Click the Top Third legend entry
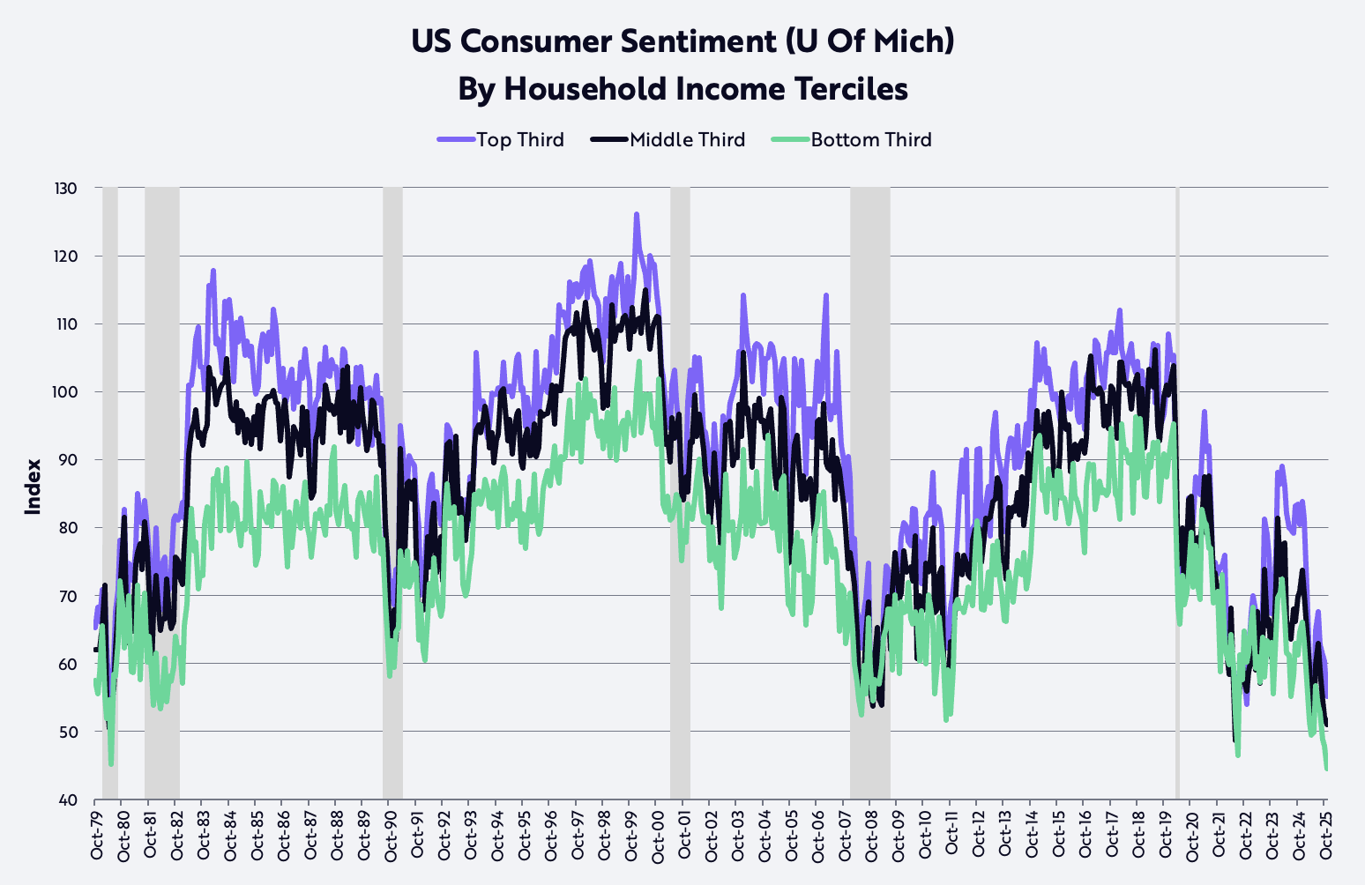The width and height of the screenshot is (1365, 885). [501, 139]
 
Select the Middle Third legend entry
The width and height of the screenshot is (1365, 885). [669, 139]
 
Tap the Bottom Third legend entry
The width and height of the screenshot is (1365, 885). [851, 139]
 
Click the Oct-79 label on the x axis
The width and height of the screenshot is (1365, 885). [96, 838]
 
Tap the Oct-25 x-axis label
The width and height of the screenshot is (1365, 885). [1325, 838]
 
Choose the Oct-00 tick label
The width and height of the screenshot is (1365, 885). [657, 838]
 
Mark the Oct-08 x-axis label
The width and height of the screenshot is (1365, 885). [870, 838]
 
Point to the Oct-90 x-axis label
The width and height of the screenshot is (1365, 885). [390, 838]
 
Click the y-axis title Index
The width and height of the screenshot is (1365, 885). [34, 487]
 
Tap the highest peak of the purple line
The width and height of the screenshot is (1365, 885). [636, 214]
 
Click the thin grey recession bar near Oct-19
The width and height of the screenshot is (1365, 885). [1177, 494]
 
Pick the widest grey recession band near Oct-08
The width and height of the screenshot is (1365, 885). [869, 494]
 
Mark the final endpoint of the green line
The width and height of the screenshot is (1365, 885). [1326, 769]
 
